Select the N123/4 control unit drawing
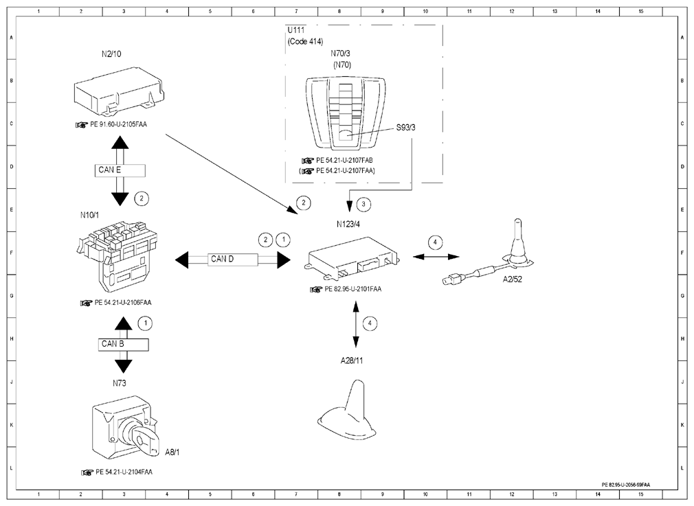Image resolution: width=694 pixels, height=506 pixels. click(352, 258)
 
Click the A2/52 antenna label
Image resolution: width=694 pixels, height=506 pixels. click(512, 279)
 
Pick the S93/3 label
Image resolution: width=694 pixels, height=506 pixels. click(406, 128)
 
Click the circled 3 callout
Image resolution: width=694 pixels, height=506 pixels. click(363, 205)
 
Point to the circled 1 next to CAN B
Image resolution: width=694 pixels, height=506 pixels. click(145, 324)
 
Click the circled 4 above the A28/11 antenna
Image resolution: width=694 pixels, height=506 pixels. click(370, 324)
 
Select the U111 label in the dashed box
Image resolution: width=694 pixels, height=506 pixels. click(296, 30)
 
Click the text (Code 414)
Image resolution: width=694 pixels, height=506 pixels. click(305, 42)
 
